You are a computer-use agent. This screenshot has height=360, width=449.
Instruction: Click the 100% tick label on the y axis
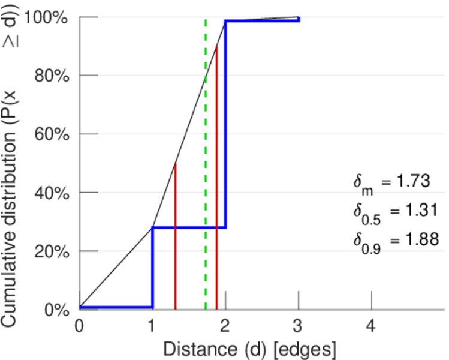pyautogui.click(x=48, y=17)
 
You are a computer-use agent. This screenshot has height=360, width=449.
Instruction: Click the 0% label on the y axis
pyautogui.click(x=57, y=310)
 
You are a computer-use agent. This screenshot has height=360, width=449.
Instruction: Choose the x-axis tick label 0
pyautogui.click(x=79, y=326)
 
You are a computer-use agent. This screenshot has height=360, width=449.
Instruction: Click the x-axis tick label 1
pyautogui.click(x=152, y=326)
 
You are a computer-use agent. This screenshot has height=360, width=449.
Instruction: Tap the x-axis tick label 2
pyautogui.click(x=225, y=326)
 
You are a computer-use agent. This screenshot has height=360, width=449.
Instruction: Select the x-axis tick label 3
pyautogui.click(x=299, y=326)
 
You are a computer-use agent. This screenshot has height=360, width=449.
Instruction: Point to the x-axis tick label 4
pyautogui.click(x=372, y=326)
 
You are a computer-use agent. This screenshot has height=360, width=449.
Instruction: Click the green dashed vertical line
pyautogui.click(x=206, y=180)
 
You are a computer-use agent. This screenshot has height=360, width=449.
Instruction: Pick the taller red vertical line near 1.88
pyautogui.click(x=216, y=180)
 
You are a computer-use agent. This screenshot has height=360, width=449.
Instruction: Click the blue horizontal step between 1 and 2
pyautogui.click(x=189, y=227)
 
